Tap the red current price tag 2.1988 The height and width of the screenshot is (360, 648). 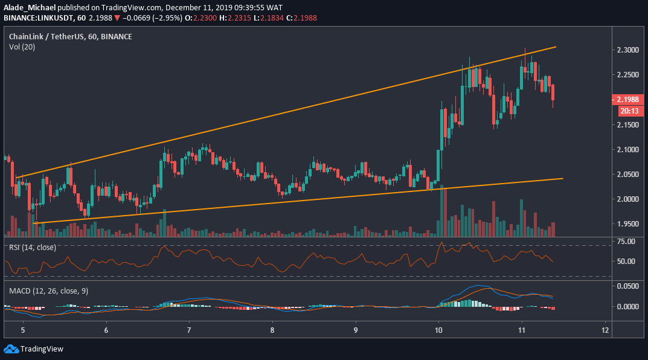tap(630, 99)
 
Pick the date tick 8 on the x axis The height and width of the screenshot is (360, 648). tap(272, 330)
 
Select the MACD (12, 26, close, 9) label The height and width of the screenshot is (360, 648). tap(49, 291)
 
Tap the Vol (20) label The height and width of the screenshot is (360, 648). tap(22, 47)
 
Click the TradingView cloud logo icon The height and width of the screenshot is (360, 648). tap(10, 349)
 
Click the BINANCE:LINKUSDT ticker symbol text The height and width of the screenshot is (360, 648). tap(36, 18)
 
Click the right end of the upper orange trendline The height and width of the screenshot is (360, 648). tap(555, 47)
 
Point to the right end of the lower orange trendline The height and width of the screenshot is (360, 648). tap(562, 178)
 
